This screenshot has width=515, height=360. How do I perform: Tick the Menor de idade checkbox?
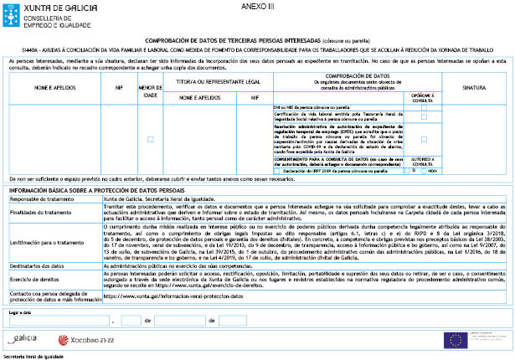click(x=151, y=139)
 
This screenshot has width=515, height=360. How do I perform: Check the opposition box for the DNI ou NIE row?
click(x=424, y=108)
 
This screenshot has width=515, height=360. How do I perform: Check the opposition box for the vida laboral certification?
click(x=424, y=117)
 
